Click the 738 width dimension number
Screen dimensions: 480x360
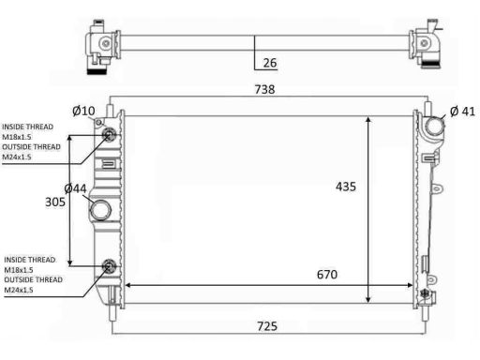pyautogui.click(x=264, y=89)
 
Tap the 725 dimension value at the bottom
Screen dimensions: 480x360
pyautogui.click(x=267, y=326)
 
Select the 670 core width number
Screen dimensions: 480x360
pyautogui.click(x=327, y=275)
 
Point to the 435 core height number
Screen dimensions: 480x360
pyautogui.click(x=346, y=187)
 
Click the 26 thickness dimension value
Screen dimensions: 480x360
pyautogui.click(x=270, y=63)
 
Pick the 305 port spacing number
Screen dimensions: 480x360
pyautogui.click(x=55, y=202)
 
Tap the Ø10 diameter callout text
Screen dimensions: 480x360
pyautogui.click(x=83, y=111)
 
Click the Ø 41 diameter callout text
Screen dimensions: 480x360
pyautogui.click(x=462, y=112)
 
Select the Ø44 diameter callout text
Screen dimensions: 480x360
pyautogui.click(x=75, y=188)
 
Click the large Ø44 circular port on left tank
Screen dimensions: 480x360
pyautogui.click(x=100, y=210)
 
